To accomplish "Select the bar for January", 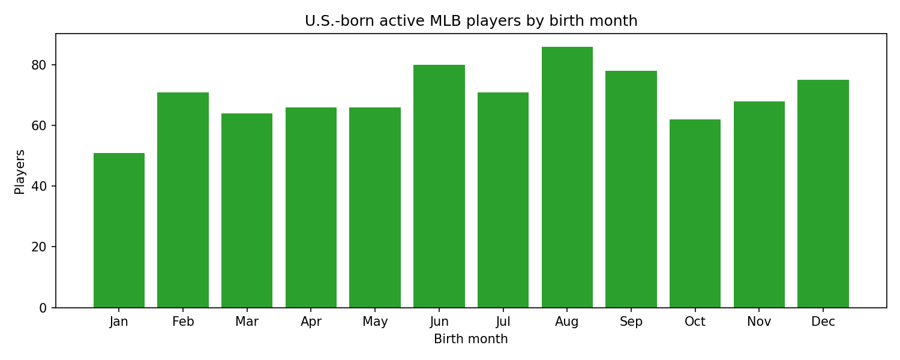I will tap(119, 230).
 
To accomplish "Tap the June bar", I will tap(439, 186).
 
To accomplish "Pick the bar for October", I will tap(695, 214).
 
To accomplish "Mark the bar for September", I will tap(631, 189).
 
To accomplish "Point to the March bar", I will tap(247, 211).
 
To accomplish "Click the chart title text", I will tap(471, 21).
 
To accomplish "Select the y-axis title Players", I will tap(20, 172).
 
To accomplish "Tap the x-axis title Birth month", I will tap(471, 340).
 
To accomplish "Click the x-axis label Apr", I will tap(311, 322).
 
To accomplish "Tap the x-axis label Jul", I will tap(503, 322).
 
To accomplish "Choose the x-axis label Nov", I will tap(759, 322).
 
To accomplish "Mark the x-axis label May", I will tap(375, 322).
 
